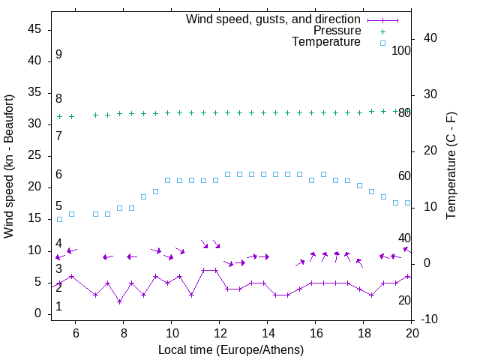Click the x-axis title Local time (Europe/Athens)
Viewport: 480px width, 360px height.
point(231,349)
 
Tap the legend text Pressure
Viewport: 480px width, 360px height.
point(337,31)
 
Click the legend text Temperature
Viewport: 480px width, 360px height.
point(326,42)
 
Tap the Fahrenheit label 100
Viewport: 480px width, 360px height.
point(402,51)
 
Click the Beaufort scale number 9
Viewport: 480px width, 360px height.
point(58,55)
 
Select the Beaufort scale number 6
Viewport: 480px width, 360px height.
point(58,175)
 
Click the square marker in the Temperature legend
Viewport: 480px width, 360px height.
point(382,43)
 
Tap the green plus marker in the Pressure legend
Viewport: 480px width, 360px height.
point(382,31)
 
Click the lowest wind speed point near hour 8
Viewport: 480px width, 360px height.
point(119,301)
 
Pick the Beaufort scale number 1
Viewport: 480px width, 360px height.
point(58,307)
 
